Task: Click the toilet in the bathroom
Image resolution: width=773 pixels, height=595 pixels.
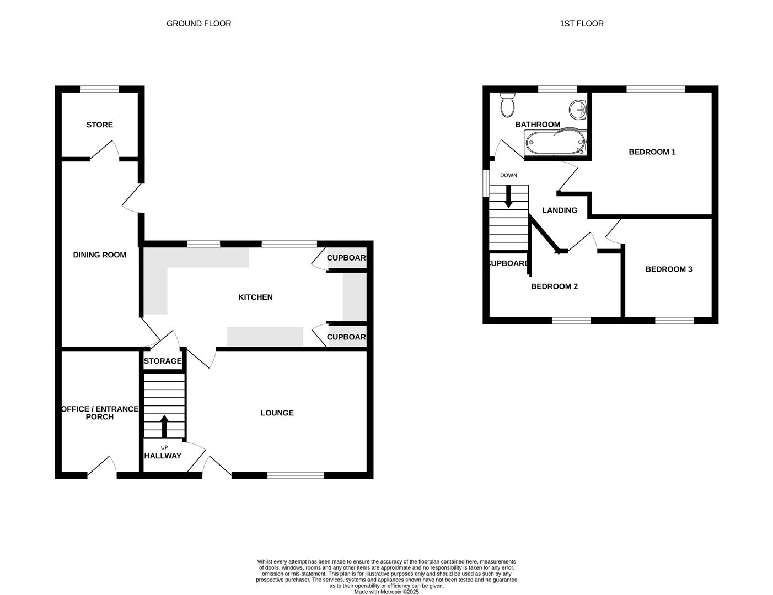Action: click(507, 105)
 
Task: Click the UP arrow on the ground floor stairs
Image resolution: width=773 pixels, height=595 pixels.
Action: click(164, 426)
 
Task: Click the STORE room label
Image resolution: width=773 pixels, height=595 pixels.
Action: click(100, 125)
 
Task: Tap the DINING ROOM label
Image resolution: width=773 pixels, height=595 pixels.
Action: click(100, 255)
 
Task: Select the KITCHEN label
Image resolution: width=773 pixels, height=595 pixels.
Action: click(255, 297)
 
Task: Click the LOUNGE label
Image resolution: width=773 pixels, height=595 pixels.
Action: click(277, 413)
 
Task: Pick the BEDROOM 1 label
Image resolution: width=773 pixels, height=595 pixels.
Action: click(652, 152)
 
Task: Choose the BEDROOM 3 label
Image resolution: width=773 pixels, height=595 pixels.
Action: click(668, 269)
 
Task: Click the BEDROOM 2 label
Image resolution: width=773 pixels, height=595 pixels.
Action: click(554, 286)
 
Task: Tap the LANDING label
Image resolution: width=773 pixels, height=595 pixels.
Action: click(559, 210)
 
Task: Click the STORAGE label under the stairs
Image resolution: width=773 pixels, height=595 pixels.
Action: click(163, 361)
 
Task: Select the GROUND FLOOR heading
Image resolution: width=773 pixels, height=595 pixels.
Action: click(198, 24)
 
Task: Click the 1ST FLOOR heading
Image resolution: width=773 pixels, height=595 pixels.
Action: click(581, 24)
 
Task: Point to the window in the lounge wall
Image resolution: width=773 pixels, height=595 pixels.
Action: click(296, 475)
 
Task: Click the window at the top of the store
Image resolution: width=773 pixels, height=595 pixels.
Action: click(100, 89)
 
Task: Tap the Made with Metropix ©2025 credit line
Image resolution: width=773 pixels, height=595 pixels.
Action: click(386, 592)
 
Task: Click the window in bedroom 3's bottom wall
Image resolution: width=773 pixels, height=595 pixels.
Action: click(674, 320)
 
